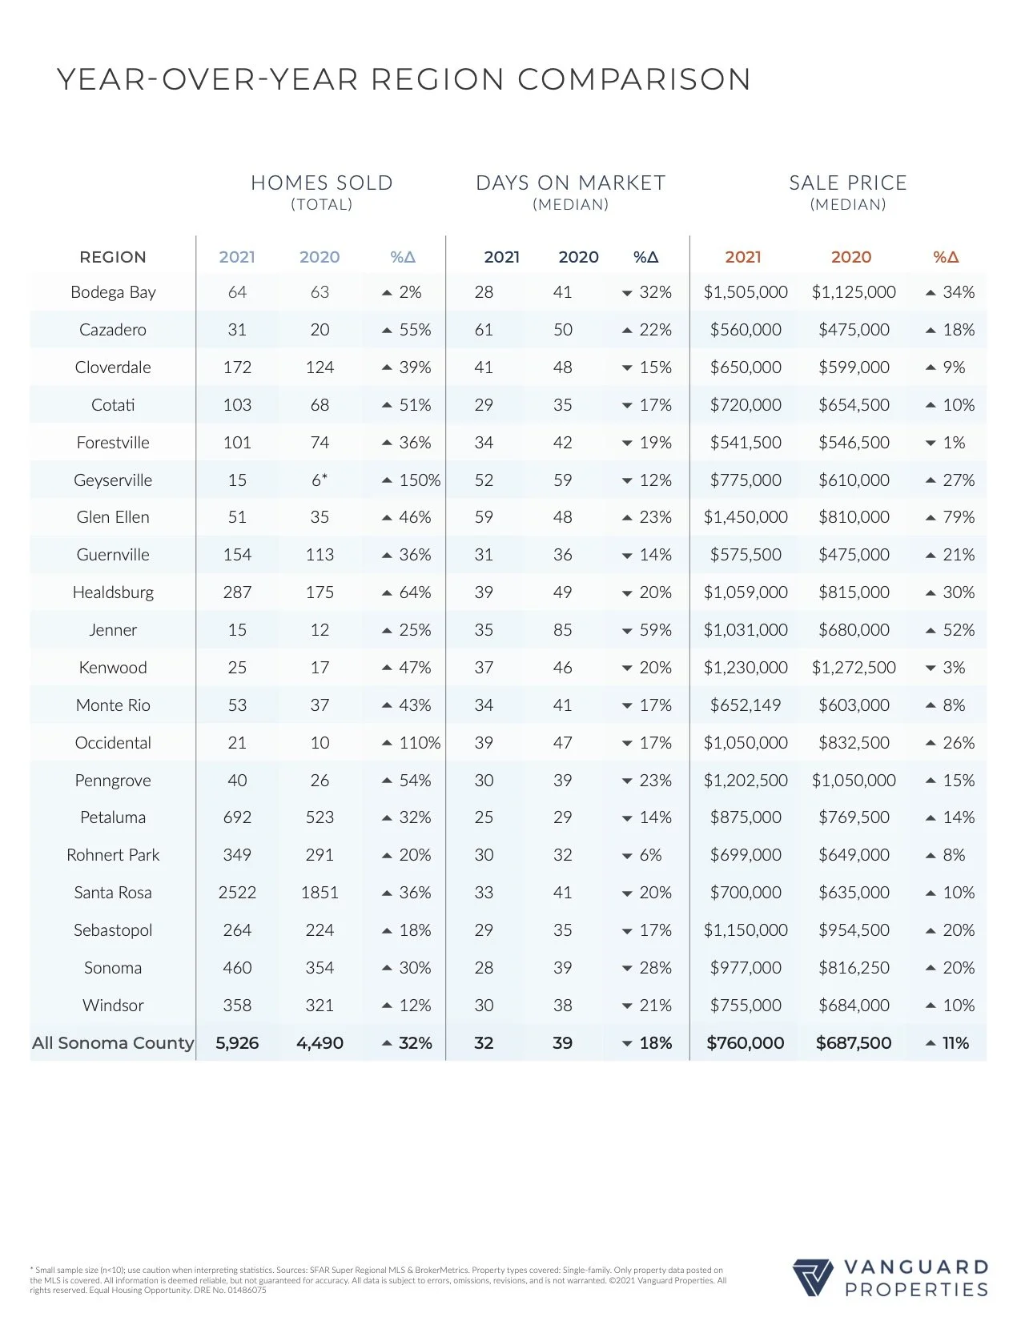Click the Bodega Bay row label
113,292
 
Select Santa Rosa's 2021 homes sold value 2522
237,893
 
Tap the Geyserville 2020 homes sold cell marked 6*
320,480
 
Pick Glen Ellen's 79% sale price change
958,517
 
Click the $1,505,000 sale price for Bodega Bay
746,292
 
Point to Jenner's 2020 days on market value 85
562,630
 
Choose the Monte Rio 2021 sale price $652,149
746,705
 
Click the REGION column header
113,257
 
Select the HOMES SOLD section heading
322,183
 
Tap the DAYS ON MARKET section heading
570,183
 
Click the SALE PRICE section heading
848,183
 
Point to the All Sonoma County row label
113,1043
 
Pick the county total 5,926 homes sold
237,1043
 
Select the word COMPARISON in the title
633,79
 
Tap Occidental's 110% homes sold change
420,743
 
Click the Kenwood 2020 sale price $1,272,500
854,668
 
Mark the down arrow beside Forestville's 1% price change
931,444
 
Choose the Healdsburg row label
113,592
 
